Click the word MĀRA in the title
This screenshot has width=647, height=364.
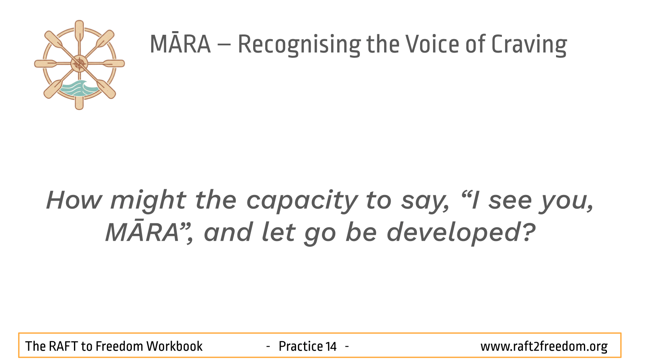180,43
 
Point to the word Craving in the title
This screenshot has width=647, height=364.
529,45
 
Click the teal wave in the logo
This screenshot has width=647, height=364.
79,89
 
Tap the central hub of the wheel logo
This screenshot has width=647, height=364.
79,63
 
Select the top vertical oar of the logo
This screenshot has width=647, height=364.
79,32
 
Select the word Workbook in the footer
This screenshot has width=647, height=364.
174,346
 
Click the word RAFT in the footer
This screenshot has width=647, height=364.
63,346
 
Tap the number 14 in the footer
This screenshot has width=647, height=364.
331,346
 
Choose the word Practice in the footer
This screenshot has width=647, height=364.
301,346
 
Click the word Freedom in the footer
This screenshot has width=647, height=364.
119,346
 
